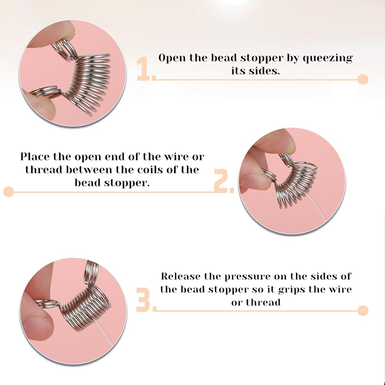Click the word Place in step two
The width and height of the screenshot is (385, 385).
[35, 156]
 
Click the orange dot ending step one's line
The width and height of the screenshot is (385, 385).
[363, 79]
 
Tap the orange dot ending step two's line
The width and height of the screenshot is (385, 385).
[8, 191]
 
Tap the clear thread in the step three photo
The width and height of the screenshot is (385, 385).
[105, 332]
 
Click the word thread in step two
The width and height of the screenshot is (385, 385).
[44, 169]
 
